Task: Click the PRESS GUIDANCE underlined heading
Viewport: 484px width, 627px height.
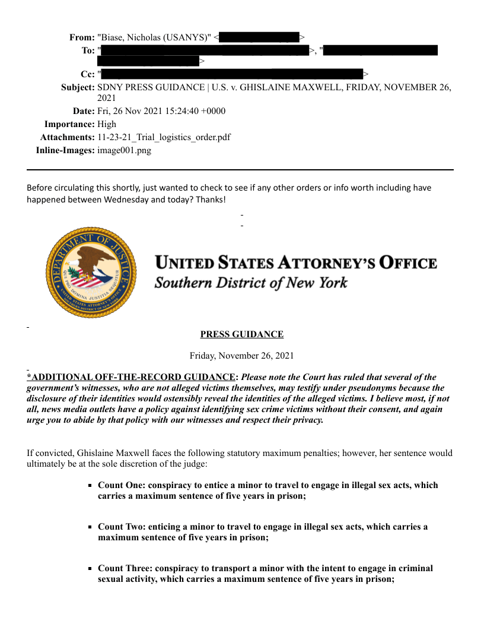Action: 242,334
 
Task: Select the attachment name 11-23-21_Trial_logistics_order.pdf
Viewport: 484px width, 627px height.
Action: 164,137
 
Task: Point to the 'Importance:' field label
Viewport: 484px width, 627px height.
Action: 69,124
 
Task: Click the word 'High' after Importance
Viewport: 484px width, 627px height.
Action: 107,124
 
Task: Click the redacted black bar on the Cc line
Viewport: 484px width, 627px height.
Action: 232,74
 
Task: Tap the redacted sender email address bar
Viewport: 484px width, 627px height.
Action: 260,37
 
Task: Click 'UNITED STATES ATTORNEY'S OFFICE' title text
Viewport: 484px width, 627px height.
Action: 296,263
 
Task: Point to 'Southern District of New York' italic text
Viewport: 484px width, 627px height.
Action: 251,282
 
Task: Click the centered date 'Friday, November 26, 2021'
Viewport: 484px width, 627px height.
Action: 242,356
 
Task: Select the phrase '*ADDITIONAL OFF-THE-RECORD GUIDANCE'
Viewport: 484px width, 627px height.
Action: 131,377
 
